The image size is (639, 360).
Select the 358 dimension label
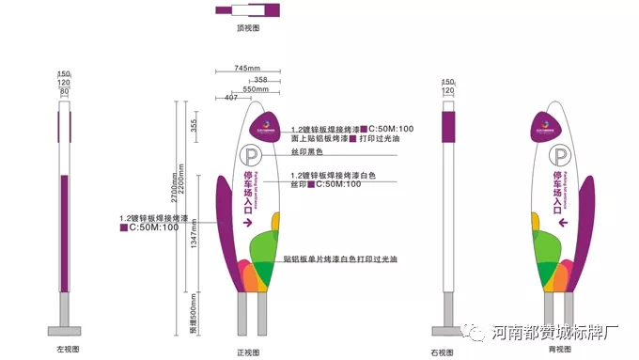(x=260, y=79)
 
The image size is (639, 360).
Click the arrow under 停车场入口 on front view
(x=248, y=223)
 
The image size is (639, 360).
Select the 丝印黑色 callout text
(x=306, y=151)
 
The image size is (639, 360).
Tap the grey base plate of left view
(x=65, y=330)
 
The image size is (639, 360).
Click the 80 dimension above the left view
(x=64, y=92)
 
